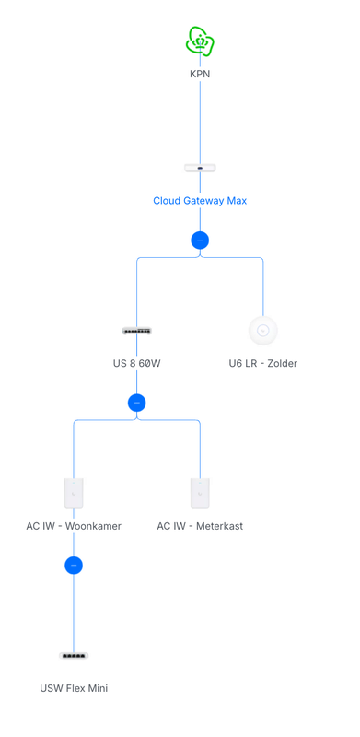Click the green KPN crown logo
click(200, 41)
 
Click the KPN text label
click(200, 74)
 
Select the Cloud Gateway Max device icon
click(200, 168)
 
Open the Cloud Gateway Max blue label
click(200, 201)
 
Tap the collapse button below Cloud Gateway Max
click(200, 240)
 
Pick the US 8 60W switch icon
click(137, 331)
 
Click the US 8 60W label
click(137, 363)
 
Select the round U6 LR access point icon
click(263, 330)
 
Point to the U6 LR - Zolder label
click(263, 363)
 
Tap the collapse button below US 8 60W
click(137, 403)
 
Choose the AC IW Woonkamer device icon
click(74, 493)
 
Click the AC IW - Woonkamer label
click(74, 526)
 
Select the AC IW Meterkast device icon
click(200, 493)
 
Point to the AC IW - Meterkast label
click(200, 526)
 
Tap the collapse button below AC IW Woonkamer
click(74, 566)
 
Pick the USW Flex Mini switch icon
click(74, 656)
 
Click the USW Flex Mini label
click(74, 688)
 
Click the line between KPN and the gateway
click(200, 120)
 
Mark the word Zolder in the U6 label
click(281, 363)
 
